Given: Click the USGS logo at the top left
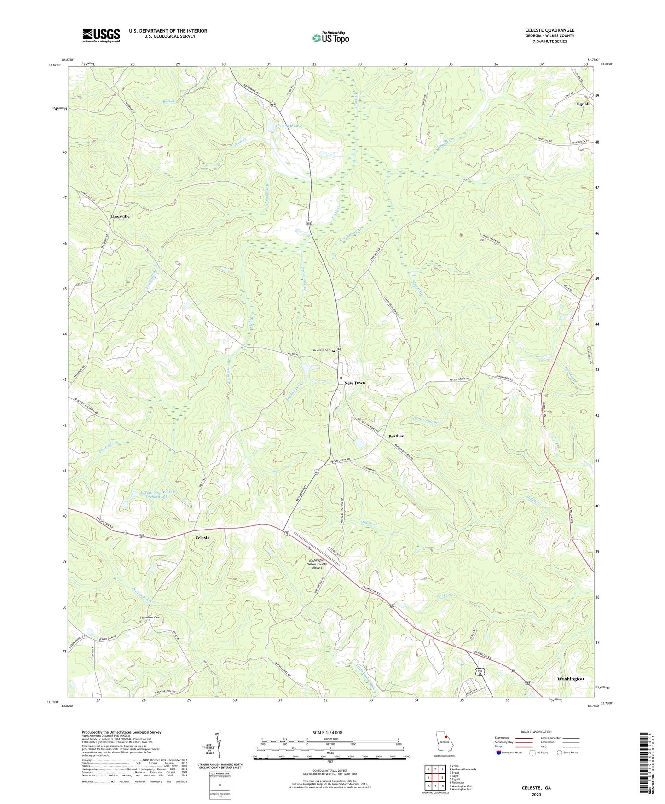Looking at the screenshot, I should click(101, 35).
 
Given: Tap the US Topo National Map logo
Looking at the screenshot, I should click(330, 38).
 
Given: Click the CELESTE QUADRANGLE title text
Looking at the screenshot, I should click(549, 30).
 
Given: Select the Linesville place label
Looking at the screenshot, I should click(120, 216).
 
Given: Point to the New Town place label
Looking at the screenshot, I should click(355, 383).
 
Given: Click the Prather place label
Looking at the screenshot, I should click(396, 436).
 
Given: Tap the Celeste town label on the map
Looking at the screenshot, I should click(202, 538).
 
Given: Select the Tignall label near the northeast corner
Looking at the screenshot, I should click(582, 104).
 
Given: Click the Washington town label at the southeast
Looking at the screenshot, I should click(570, 679).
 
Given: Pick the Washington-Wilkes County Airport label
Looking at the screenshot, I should click(318, 564).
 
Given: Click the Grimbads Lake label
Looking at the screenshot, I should click(289, 125).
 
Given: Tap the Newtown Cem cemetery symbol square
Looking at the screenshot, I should click(334, 351).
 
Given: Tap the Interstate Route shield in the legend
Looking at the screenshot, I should click(499, 753).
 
